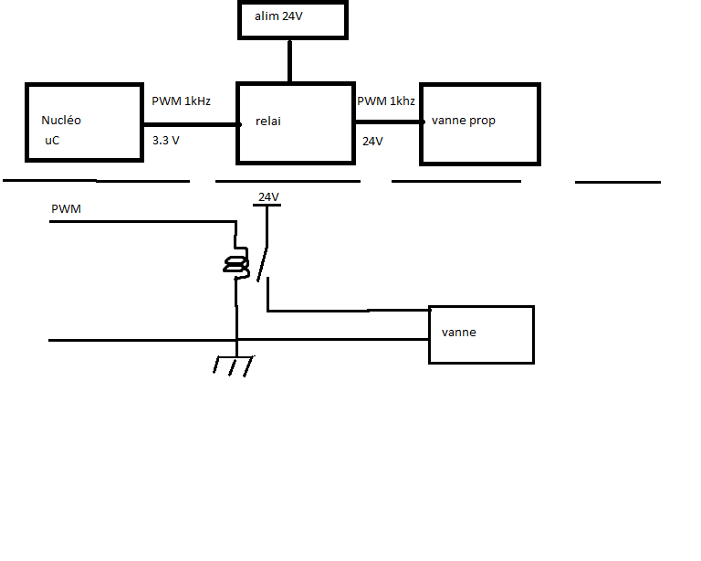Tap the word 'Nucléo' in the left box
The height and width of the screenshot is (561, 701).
61,121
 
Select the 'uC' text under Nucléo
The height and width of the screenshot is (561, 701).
51,141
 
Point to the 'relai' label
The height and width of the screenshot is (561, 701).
268,121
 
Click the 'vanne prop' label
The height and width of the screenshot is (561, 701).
464,121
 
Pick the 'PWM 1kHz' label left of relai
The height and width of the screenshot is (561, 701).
181,101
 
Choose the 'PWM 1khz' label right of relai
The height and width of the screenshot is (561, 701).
386,101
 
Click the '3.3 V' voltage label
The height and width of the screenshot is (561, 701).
166,142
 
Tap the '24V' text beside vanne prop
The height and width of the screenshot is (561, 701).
372,142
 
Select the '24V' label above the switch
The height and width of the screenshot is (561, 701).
268,196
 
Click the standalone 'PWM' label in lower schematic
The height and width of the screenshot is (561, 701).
66,210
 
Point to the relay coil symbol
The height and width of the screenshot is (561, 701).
237,265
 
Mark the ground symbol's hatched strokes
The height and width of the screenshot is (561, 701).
233,365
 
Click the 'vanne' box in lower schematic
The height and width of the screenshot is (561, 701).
481,334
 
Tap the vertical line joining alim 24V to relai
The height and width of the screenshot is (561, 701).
289,60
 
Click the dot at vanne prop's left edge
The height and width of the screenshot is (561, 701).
423,122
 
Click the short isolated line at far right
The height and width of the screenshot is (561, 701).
617,182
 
